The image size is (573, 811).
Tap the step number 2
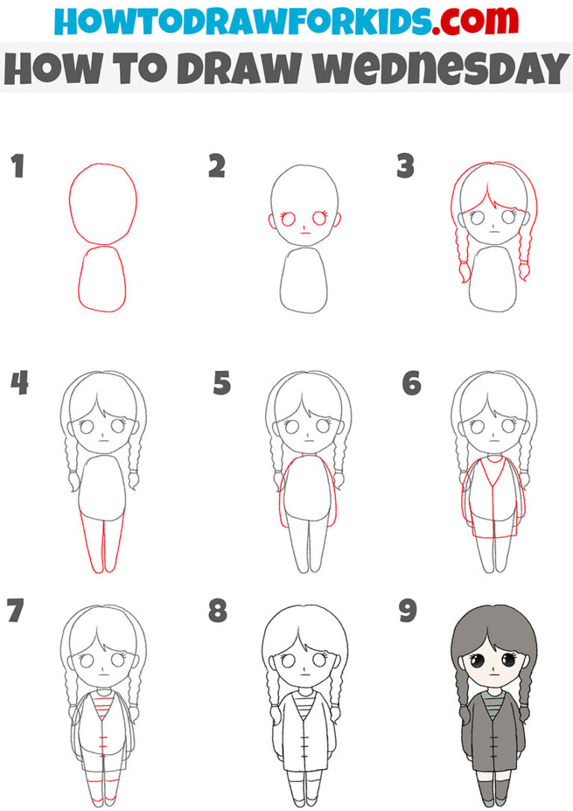(216, 167)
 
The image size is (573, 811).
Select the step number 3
(405, 167)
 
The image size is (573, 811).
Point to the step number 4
(19, 385)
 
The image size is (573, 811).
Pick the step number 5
(222, 385)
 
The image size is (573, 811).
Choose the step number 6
(411, 385)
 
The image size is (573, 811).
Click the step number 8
(217, 611)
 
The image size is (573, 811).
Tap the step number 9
(407, 611)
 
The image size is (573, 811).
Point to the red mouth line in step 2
(304, 233)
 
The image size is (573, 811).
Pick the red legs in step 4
(103, 545)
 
